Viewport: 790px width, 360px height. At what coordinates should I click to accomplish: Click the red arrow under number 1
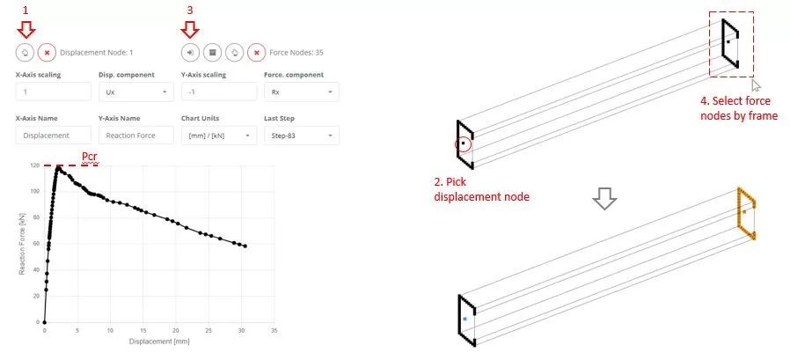pyautogui.click(x=26, y=32)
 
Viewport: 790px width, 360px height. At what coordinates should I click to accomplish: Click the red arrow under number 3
pyautogui.click(x=190, y=32)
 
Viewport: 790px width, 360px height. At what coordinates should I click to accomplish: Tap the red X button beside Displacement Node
pyautogui.click(x=47, y=53)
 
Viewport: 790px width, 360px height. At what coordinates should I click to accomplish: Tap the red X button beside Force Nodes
pyautogui.click(x=257, y=53)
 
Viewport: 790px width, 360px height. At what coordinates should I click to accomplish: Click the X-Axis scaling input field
pyautogui.click(x=54, y=92)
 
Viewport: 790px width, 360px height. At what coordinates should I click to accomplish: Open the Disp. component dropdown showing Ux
pyautogui.click(x=136, y=92)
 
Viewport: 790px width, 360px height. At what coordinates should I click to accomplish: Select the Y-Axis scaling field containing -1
pyautogui.click(x=219, y=92)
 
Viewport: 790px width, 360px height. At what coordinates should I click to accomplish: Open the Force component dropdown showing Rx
pyautogui.click(x=301, y=92)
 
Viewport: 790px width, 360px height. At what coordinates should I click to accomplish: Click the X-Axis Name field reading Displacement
pyautogui.click(x=54, y=136)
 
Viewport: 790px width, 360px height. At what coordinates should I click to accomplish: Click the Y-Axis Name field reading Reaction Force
pyautogui.click(x=136, y=136)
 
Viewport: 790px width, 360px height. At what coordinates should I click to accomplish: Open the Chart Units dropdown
pyautogui.click(x=219, y=136)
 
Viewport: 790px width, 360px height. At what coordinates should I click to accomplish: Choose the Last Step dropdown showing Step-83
pyautogui.click(x=301, y=136)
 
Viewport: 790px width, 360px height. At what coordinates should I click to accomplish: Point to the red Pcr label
pyautogui.click(x=90, y=158)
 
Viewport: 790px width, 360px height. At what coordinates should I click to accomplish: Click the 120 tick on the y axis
pyautogui.click(x=35, y=165)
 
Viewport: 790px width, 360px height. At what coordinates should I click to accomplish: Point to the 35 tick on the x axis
pyautogui.click(x=274, y=330)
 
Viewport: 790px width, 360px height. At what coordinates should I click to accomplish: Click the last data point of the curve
pyautogui.click(x=245, y=246)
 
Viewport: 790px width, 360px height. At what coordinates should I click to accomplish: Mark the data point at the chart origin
pyautogui.click(x=44, y=322)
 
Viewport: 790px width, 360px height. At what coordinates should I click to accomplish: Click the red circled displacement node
pyautogui.click(x=463, y=143)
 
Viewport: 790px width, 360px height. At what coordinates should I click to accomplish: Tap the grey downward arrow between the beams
pyautogui.click(x=604, y=199)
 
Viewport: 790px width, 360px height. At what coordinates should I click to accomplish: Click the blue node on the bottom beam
pyautogui.click(x=465, y=320)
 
